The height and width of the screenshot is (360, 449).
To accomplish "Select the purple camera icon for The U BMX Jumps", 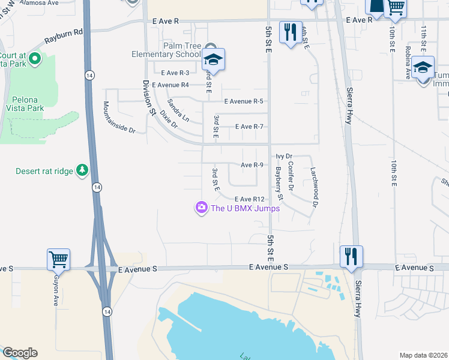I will tap(201, 208).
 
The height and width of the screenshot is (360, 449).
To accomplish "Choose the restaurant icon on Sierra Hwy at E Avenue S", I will tap(351, 257).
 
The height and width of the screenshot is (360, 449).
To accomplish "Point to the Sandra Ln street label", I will tap(178, 110).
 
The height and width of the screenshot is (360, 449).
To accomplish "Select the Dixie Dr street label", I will tap(170, 119).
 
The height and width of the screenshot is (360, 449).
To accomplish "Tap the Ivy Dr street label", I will tap(284, 156).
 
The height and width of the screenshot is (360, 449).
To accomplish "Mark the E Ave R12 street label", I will tap(250, 199).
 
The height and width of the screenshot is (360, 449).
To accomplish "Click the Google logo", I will tap(20, 353).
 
